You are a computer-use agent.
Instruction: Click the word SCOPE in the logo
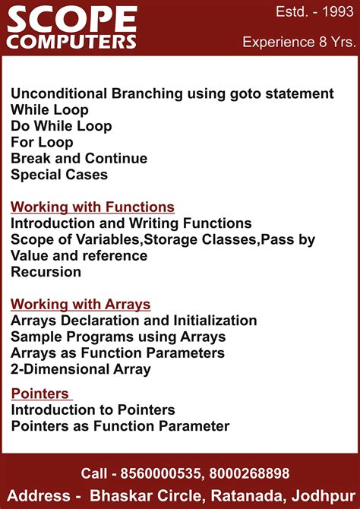pyautogui.click(x=71, y=18)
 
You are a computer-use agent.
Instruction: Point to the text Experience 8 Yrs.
pyautogui.click(x=298, y=42)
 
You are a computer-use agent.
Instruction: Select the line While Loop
pyautogui.click(x=49, y=110)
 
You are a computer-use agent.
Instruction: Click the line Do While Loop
pyautogui.click(x=61, y=126)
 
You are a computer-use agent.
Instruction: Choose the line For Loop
pyautogui.click(x=42, y=142)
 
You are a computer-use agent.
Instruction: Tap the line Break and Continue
pyautogui.click(x=79, y=158)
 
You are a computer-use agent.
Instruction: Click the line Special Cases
pyautogui.click(x=59, y=174)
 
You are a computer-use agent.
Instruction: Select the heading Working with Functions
pyautogui.click(x=93, y=207)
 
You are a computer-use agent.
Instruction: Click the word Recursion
pyautogui.click(x=46, y=271)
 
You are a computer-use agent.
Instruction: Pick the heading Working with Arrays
pyautogui.click(x=81, y=304)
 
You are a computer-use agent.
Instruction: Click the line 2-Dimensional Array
pyautogui.click(x=81, y=369)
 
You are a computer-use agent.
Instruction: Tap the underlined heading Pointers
pyautogui.click(x=40, y=394)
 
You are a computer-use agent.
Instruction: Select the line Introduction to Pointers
pyautogui.click(x=93, y=409)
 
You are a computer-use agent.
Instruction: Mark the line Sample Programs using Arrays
pyautogui.click(x=118, y=337)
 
